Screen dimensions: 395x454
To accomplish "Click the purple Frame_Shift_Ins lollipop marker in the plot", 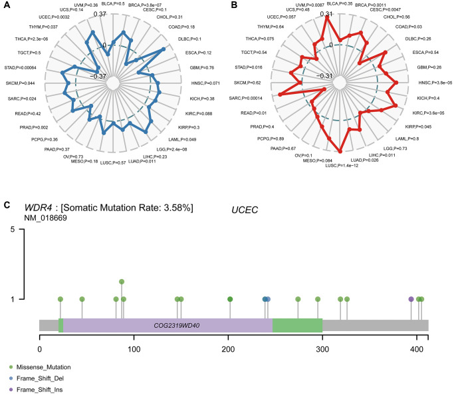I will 411,299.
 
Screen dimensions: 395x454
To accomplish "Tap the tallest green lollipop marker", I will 121,282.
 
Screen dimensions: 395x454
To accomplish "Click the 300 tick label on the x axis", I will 322,348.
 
